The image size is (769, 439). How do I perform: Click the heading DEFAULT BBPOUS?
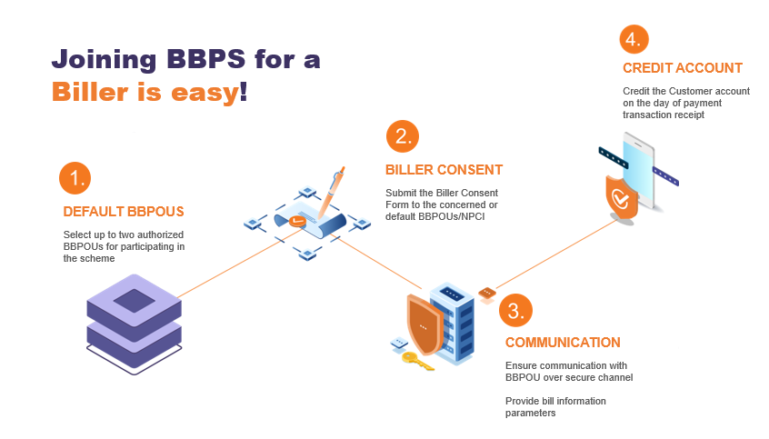pyautogui.click(x=124, y=212)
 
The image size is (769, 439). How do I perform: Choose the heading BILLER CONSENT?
pyautogui.click(x=444, y=170)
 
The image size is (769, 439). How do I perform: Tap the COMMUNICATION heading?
pyautogui.click(x=563, y=343)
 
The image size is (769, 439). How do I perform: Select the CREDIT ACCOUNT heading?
pyautogui.click(x=683, y=68)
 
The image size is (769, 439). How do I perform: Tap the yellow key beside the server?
pyautogui.click(x=417, y=361)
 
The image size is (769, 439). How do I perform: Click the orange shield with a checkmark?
pyautogui.click(x=621, y=198)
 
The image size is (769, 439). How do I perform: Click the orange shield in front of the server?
pyautogui.click(x=424, y=324)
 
